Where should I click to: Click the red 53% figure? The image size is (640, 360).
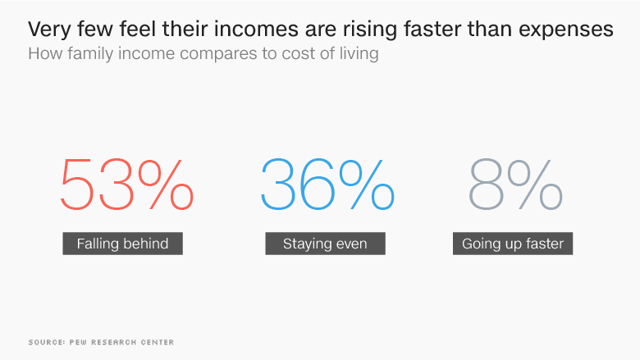pos(127,185)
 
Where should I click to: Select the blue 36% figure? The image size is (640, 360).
pos(327,185)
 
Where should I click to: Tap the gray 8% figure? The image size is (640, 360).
pos(515,185)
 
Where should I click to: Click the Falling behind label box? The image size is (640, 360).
pos(122,244)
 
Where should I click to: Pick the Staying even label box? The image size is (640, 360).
pos(325,244)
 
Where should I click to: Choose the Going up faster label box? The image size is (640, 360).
pos(513,244)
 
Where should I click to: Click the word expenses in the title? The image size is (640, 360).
pos(566,30)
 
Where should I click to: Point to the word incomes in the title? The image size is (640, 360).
pos(256,29)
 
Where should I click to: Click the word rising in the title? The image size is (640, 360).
pos(370,30)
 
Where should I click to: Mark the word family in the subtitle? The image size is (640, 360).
pos(90,54)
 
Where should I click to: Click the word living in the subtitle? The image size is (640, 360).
pos(359,54)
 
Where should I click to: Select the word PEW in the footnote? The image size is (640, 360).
pos(79,342)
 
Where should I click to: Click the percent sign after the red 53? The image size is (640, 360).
pos(165,185)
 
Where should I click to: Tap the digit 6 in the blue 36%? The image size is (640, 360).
pos(318,185)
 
